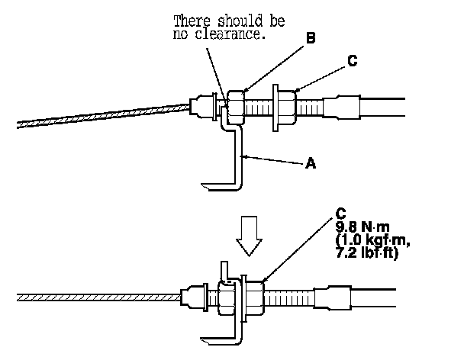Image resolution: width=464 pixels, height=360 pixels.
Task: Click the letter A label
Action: (310, 162)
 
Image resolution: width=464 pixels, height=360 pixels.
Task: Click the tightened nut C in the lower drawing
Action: (255, 294)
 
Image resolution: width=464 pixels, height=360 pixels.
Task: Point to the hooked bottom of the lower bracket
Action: (217, 337)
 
